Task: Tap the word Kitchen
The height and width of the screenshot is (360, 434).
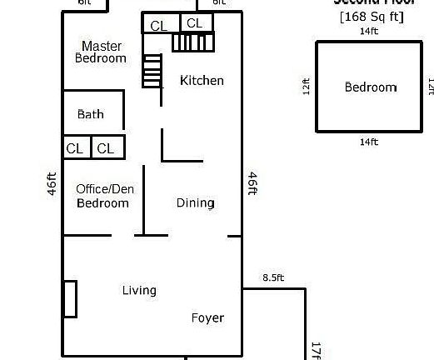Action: (202, 81)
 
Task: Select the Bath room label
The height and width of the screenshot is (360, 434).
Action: (91, 114)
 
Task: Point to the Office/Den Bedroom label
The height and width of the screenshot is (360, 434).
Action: (104, 196)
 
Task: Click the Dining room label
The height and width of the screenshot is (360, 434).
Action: (195, 202)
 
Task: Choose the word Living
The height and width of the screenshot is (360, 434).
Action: (139, 291)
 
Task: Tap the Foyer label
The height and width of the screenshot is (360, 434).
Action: (207, 317)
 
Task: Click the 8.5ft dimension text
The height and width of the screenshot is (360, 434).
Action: (273, 278)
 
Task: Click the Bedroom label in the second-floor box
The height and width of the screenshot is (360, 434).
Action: (371, 87)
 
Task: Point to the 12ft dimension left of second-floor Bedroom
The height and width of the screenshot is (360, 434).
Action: (307, 87)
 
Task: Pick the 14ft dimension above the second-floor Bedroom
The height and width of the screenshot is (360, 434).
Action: (368, 32)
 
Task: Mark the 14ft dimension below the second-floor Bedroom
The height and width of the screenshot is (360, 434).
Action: (368, 142)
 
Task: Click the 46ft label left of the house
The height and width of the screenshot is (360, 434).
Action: (52, 183)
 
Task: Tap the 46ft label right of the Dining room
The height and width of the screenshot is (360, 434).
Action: (252, 183)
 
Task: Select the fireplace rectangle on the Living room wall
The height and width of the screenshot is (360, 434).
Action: (71, 299)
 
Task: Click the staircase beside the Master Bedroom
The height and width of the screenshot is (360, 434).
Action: (152, 72)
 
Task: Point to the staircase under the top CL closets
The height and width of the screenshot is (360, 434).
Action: (193, 42)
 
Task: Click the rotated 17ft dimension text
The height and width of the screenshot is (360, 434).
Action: (316, 350)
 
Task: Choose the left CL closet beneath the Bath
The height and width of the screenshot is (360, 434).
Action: (75, 148)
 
